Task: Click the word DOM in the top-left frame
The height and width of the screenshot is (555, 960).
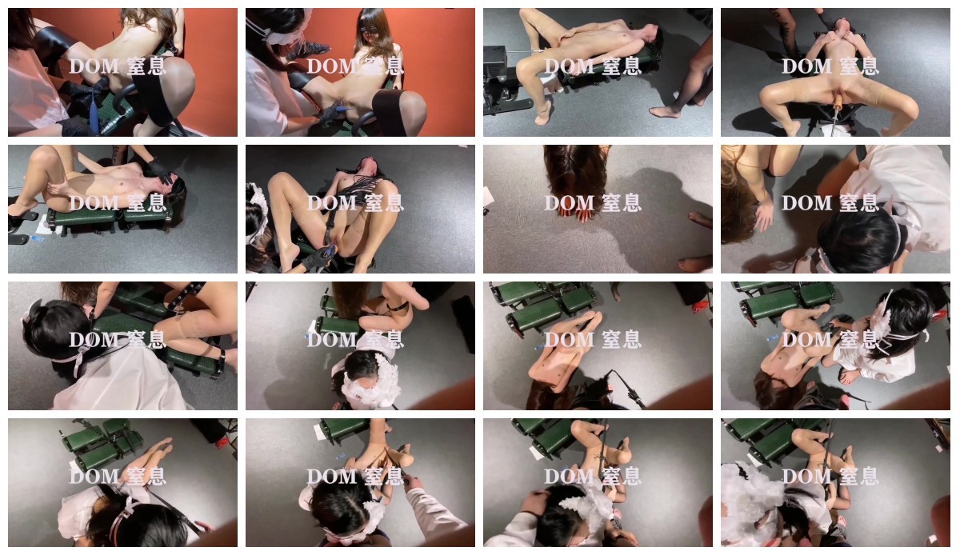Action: [94, 66]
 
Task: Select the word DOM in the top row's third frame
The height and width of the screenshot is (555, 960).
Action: [570, 66]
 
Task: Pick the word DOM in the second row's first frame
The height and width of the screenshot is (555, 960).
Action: [94, 203]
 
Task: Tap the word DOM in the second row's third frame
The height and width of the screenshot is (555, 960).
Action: [570, 203]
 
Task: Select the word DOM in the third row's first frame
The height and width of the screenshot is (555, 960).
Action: [94, 340]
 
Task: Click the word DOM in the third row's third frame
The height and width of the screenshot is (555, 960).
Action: [570, 340]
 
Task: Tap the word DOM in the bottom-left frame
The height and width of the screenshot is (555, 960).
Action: [94, 477]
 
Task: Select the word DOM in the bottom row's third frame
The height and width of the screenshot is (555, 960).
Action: [570, 477]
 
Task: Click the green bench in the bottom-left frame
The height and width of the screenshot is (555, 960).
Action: [103, 445]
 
